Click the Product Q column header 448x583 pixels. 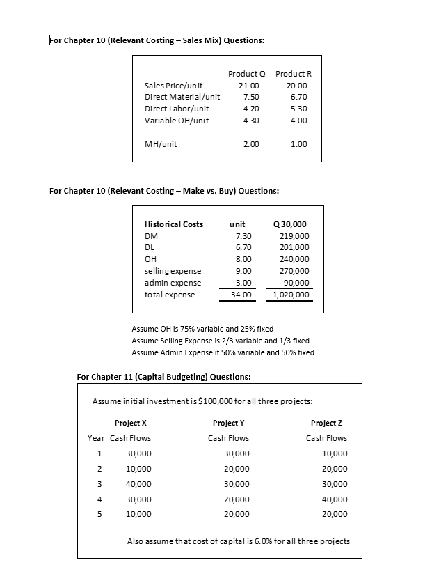pyautogui.click(x=246, y=74)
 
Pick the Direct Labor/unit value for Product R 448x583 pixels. pyautogui.click(x=298, y=109)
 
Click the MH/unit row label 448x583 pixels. pyautogui.click(x=160, y=144)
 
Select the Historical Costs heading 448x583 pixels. pyautogui.click(x=173, y=224)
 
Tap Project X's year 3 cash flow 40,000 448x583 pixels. pyautogui.click(x=138, y=484)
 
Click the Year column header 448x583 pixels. pyautogui.click(x=95, y=438)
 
